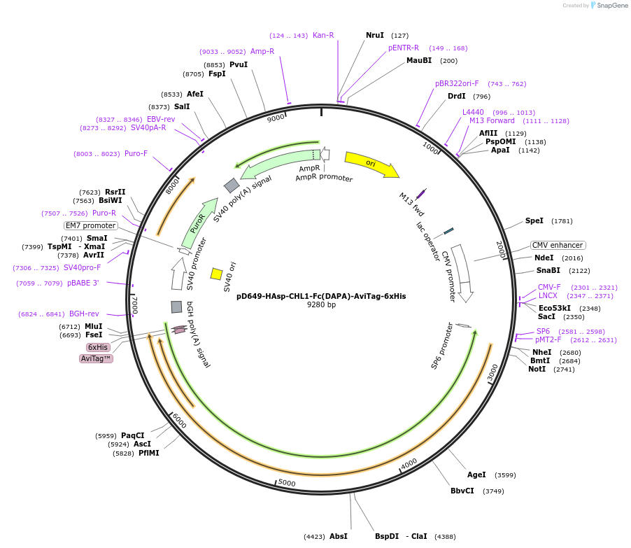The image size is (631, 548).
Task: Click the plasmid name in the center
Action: pos(321,296)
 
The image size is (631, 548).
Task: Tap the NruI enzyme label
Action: pos(375,35)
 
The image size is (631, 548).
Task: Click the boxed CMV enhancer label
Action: pos(558,245)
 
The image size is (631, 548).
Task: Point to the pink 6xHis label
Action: pos(98,347)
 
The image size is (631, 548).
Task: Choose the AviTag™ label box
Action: pos(97,358)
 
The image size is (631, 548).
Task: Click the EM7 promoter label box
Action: pos(91,225)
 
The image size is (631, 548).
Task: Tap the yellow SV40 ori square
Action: pos(217,274)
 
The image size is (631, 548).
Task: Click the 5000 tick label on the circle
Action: pos(287,482)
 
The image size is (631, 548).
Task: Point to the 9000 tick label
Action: pos(276,118)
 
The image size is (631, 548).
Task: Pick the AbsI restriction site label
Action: pos(339,537)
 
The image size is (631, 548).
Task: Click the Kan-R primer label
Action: pos(323,35)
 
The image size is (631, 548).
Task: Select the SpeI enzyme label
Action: pos(534,220)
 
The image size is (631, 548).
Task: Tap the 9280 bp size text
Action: pos(321,305)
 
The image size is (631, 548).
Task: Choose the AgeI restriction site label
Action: pos(476,475)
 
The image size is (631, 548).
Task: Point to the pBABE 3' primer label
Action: pos(83,283)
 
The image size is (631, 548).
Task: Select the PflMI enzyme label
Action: pos(149,454)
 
